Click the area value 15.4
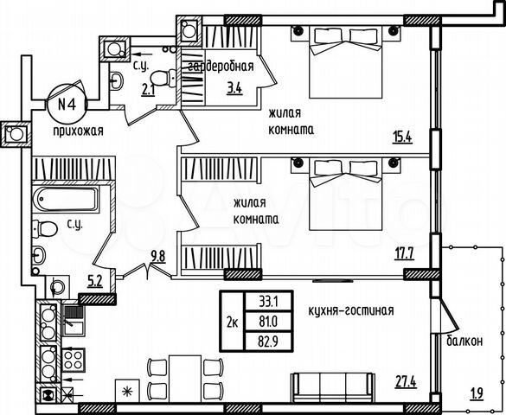(400, 137)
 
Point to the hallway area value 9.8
(157, 254)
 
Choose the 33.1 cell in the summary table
(267, 302)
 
